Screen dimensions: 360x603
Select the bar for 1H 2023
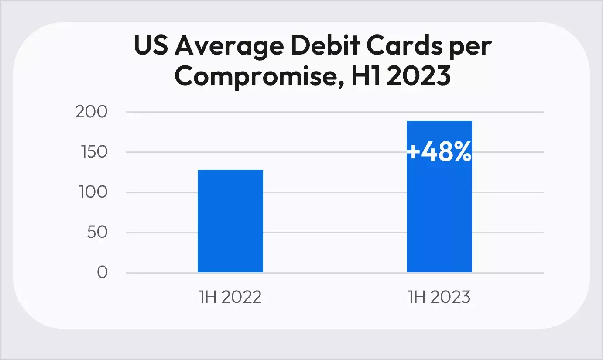tap(439, 209)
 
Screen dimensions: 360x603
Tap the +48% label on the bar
tap(439, 153)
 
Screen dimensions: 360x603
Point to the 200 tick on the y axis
tap(91, 112)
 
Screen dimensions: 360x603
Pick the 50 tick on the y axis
tap(97, 233)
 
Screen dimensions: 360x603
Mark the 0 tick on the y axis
tap(102, 273)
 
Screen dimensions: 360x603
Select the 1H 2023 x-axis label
tap(439, 298)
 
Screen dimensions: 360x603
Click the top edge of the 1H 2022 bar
tap(230, 170)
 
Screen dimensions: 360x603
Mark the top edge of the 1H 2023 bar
tap(439, 121)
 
